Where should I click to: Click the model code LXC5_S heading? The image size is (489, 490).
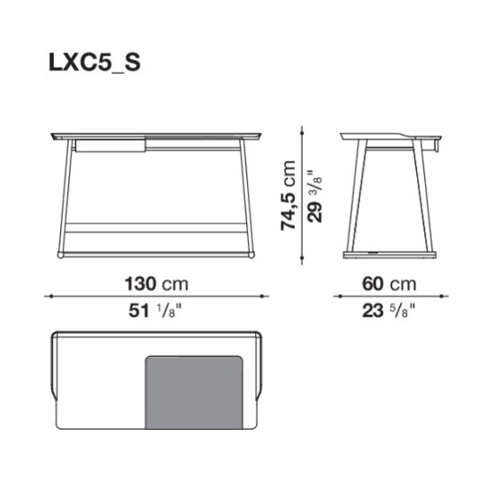coord(94,62)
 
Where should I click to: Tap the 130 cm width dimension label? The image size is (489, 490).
coord(156,284)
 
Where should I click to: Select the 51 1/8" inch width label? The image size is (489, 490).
coord(155,311)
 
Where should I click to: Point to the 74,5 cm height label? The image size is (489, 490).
coord(288,196)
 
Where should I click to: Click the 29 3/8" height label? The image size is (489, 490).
coord(315,197)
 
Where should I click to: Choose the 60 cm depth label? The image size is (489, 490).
coord(389,284)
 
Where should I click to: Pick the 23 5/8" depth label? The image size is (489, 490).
coord(389,311)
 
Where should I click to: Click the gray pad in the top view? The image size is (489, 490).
coord(194,392)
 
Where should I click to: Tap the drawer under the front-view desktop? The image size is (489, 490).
coord(111,146)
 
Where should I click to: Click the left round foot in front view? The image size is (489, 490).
coord(60,254)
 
